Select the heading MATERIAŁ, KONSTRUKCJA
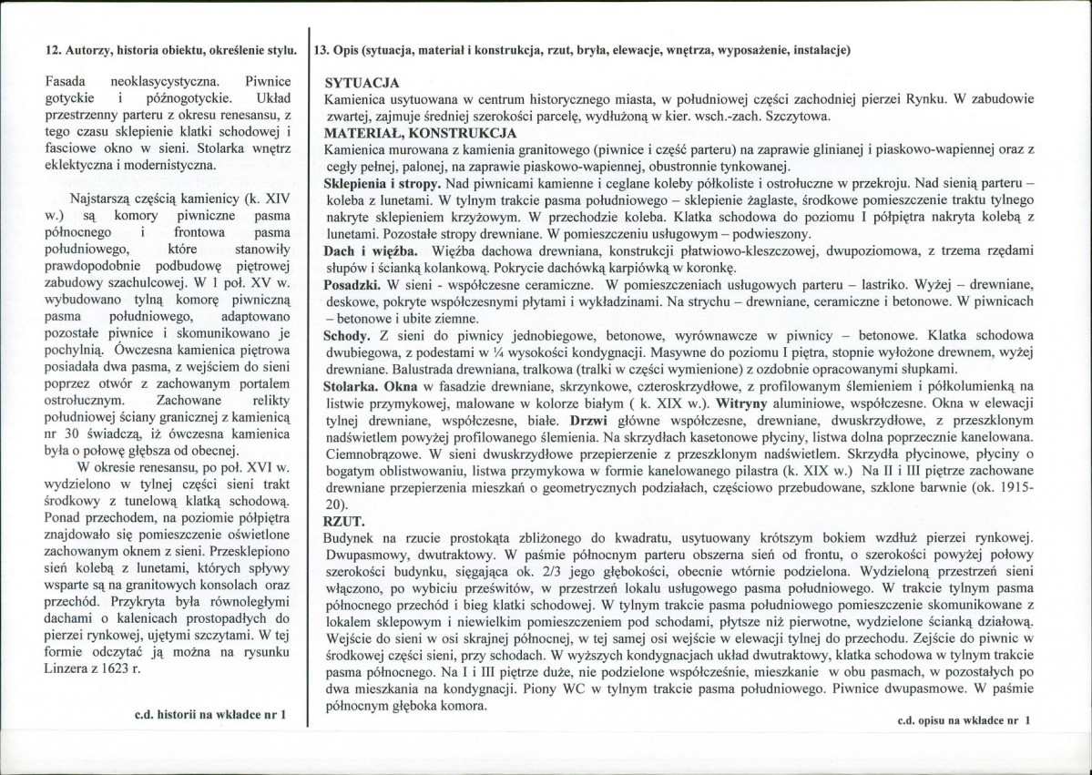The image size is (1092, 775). coord(408,132)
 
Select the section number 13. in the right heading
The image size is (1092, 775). coord(321,51)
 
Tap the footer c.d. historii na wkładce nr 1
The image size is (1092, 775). coord(210,715)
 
